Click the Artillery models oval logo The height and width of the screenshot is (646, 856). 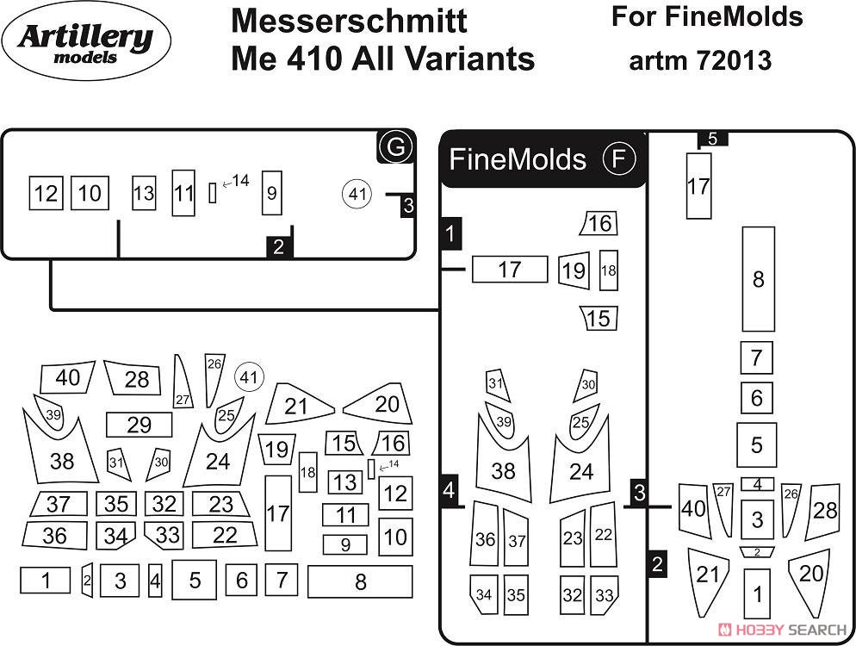pos(86,41)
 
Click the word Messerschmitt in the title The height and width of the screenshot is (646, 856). pos(349,21)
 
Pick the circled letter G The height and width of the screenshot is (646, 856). pos(395,146)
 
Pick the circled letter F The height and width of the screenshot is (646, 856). pos(619,158)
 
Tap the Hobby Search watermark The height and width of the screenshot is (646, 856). pos(784,630)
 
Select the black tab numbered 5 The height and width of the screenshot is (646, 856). pos(712,139)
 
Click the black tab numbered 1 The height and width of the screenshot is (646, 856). pos(450,233)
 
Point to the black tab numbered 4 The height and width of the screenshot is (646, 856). pos(449,490)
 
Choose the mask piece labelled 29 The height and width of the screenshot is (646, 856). pos(140,425)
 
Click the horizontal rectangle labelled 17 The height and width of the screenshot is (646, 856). pos(509,270)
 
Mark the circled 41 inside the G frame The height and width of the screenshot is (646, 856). pos(357,194)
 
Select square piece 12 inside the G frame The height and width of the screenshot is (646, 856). pos(46,193)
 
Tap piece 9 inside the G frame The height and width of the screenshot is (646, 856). pos(272,193)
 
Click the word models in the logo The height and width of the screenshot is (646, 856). pos(86,58)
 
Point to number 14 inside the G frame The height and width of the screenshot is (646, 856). pos(241,180)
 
